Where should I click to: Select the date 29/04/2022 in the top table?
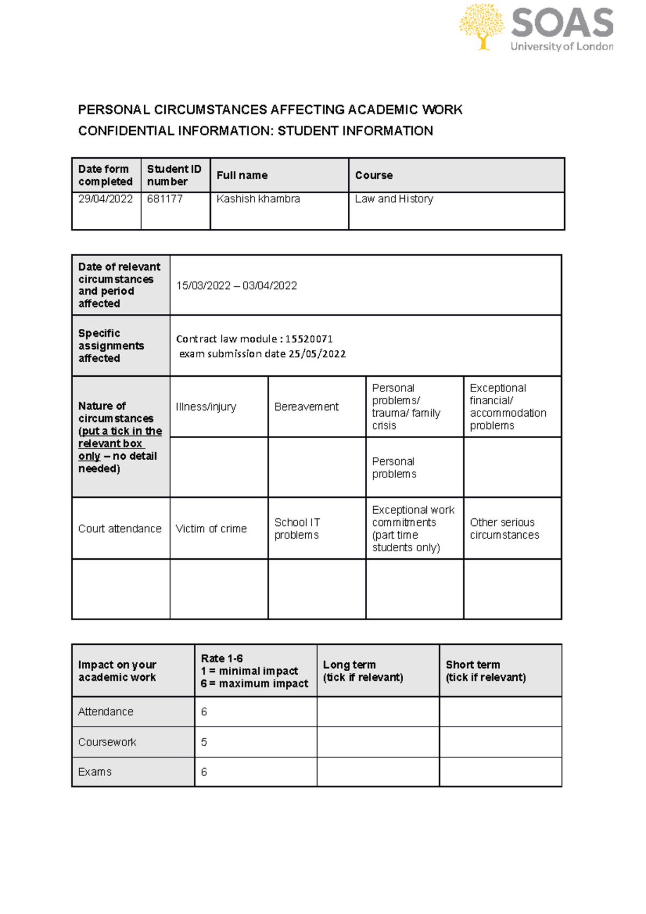(106, 199)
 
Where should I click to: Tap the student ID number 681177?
(165, 199)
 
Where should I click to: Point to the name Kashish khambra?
(258, 199)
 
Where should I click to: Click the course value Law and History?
(394, 199)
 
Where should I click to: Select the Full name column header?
(242, 175)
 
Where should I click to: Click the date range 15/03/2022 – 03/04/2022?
(236, 286)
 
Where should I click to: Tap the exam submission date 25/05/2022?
(317, 354)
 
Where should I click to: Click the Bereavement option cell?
(306, 407)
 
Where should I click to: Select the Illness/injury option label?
(206, 407)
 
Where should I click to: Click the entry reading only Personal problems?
(394, 468)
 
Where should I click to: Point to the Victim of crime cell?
(211, 529)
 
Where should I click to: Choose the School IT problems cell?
(297, 529)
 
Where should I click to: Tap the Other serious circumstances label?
(504, 529)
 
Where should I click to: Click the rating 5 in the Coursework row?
(204, 742)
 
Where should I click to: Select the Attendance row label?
(106, 712)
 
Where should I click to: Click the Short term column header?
(485, 671)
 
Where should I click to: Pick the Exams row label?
(95, 772)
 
